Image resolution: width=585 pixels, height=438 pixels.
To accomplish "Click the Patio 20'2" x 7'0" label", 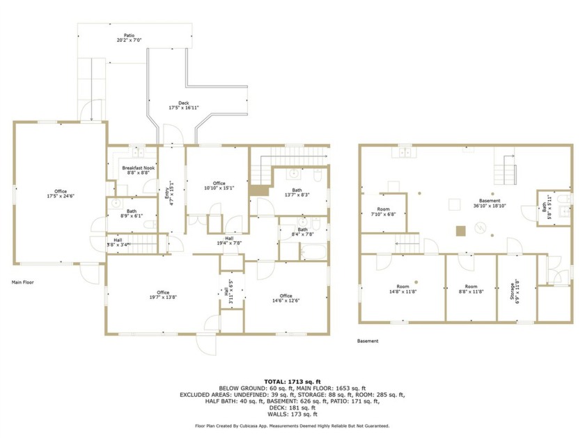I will coord(130,38).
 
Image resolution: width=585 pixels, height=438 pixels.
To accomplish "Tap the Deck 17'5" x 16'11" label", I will coord(184,106).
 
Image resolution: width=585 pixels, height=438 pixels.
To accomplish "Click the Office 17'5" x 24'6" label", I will coord(61,194).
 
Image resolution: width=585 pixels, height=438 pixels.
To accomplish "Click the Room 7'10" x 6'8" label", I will coord(384,211).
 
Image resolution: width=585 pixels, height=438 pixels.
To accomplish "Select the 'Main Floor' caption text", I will coord(24,283).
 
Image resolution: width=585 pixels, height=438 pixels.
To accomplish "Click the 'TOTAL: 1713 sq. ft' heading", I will coord(292,382).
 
